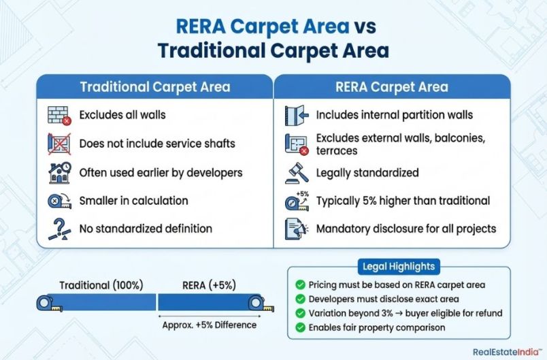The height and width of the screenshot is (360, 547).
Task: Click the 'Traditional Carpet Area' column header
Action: (155, 87)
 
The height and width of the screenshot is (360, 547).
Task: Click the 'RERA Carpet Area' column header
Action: (392, 87)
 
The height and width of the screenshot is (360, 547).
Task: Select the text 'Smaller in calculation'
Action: (133, 201)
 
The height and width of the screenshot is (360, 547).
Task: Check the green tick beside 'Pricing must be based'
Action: (300, 285)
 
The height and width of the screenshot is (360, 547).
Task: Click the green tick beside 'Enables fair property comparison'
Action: (300, 327)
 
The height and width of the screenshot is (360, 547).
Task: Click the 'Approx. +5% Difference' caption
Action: (209, 325)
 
